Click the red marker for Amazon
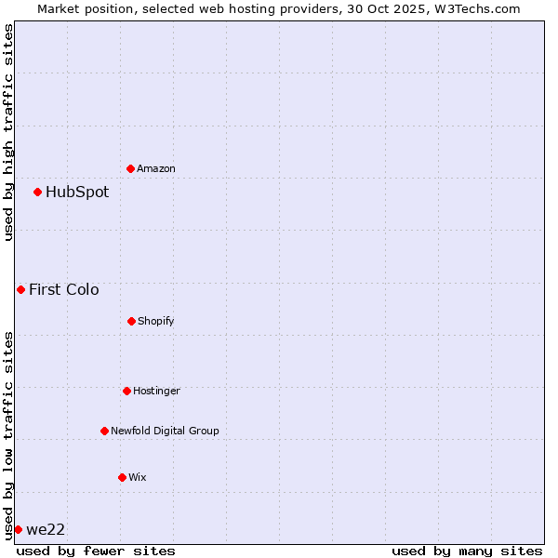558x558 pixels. click(x=131, y=168)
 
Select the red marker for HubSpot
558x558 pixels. click(x=38, y=193)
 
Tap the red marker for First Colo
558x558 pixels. click(x=20, y=289)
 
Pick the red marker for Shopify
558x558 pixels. click(x=131, y=321)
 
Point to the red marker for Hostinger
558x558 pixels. click(x=126, y=391)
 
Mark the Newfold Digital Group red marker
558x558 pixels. click(x=104, y=431)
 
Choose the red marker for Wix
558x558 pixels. click(x=122, y=477)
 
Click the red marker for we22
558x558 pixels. click(x=18, y=529)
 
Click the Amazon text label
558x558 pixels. click(x=156, y=168)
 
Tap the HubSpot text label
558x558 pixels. click(x=77, y=193)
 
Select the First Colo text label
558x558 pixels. click(x=63, y=289)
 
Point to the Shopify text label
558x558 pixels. click(x=156, y=321)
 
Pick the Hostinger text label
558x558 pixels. click(x=156, y=391)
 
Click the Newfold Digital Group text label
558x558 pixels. click(x=165, y=431)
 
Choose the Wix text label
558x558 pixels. click(x=138, y=477)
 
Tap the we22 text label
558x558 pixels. click(x=46, y=530)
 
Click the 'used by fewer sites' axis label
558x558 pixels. click(x=96, y=551)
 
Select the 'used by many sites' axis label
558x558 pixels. click(x=467, y=551)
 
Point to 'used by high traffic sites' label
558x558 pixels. click(x=8, y=132)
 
